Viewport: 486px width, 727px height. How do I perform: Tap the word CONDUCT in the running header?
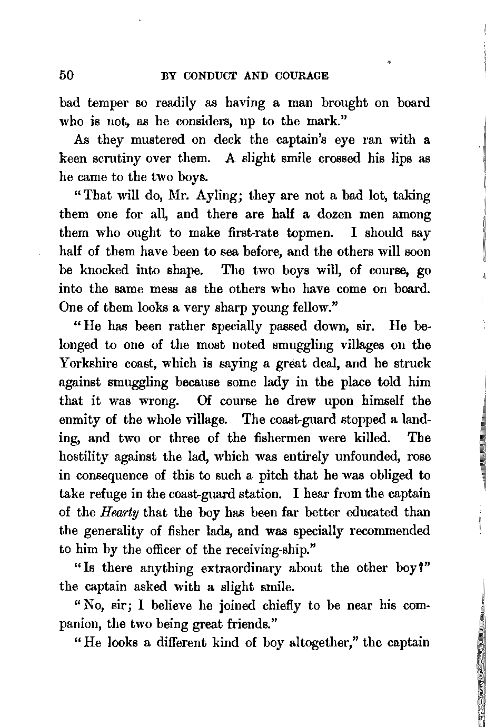(x=209, y=76)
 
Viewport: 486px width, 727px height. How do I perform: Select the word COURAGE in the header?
(x=300, y=76)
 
